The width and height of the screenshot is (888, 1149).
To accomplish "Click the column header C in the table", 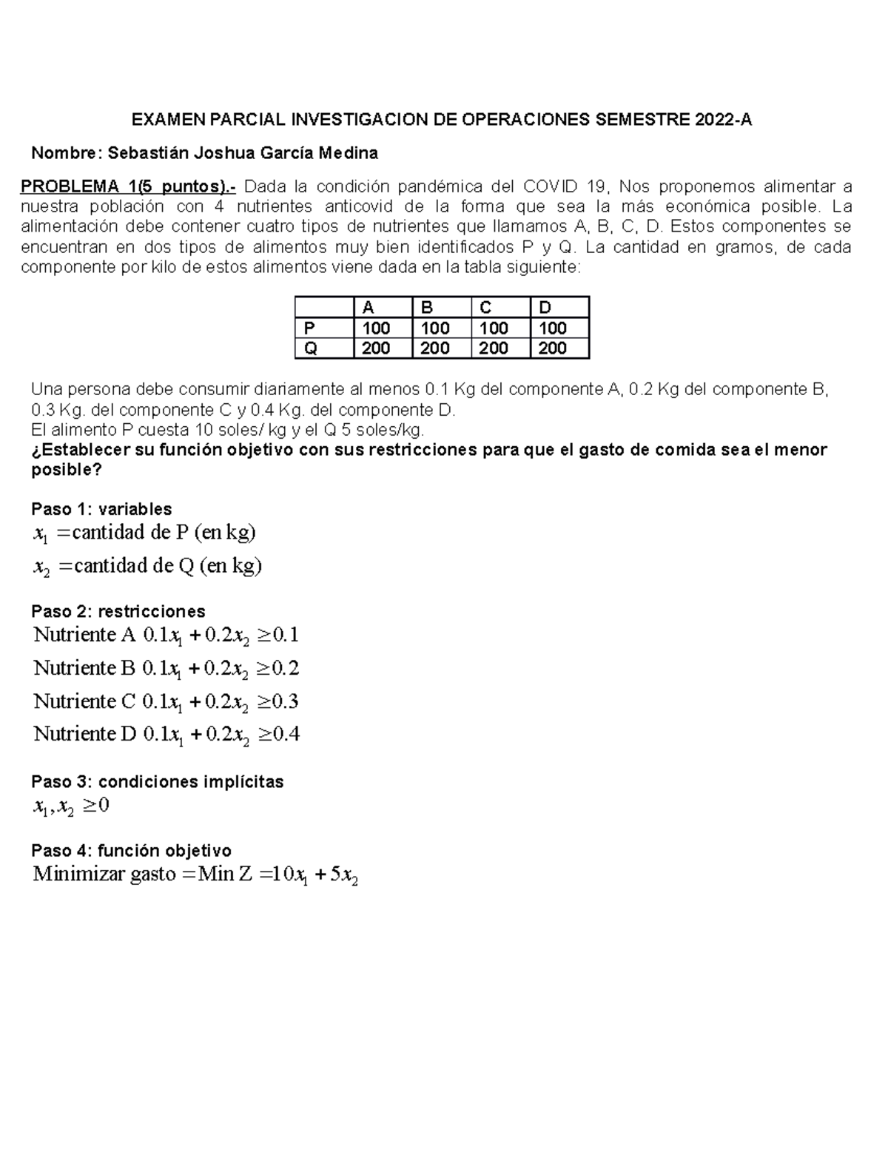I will (x=485, y=308).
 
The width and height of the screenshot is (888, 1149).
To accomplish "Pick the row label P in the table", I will (x=309, y=328).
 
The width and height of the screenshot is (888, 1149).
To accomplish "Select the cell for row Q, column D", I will (x=552, y=348).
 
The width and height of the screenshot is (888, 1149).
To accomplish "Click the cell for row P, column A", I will (x=376, y=328).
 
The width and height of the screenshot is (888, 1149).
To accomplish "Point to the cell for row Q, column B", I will (x=434, y=348).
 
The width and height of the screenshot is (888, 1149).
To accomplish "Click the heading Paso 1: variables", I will (x=101, y=509).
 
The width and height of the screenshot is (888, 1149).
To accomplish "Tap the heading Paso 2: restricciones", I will (x=118, y=611).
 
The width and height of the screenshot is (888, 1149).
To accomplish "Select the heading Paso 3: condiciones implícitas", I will (x=157, y=782).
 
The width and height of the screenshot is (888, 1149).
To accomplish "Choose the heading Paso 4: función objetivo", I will (x=131, y=851).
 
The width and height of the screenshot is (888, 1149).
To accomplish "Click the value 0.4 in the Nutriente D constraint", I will (x=286, y=734).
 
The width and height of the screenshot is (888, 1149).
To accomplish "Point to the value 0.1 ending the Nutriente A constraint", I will (x=285, y=635).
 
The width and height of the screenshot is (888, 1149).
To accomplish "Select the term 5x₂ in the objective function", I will (x=344, y=875).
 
